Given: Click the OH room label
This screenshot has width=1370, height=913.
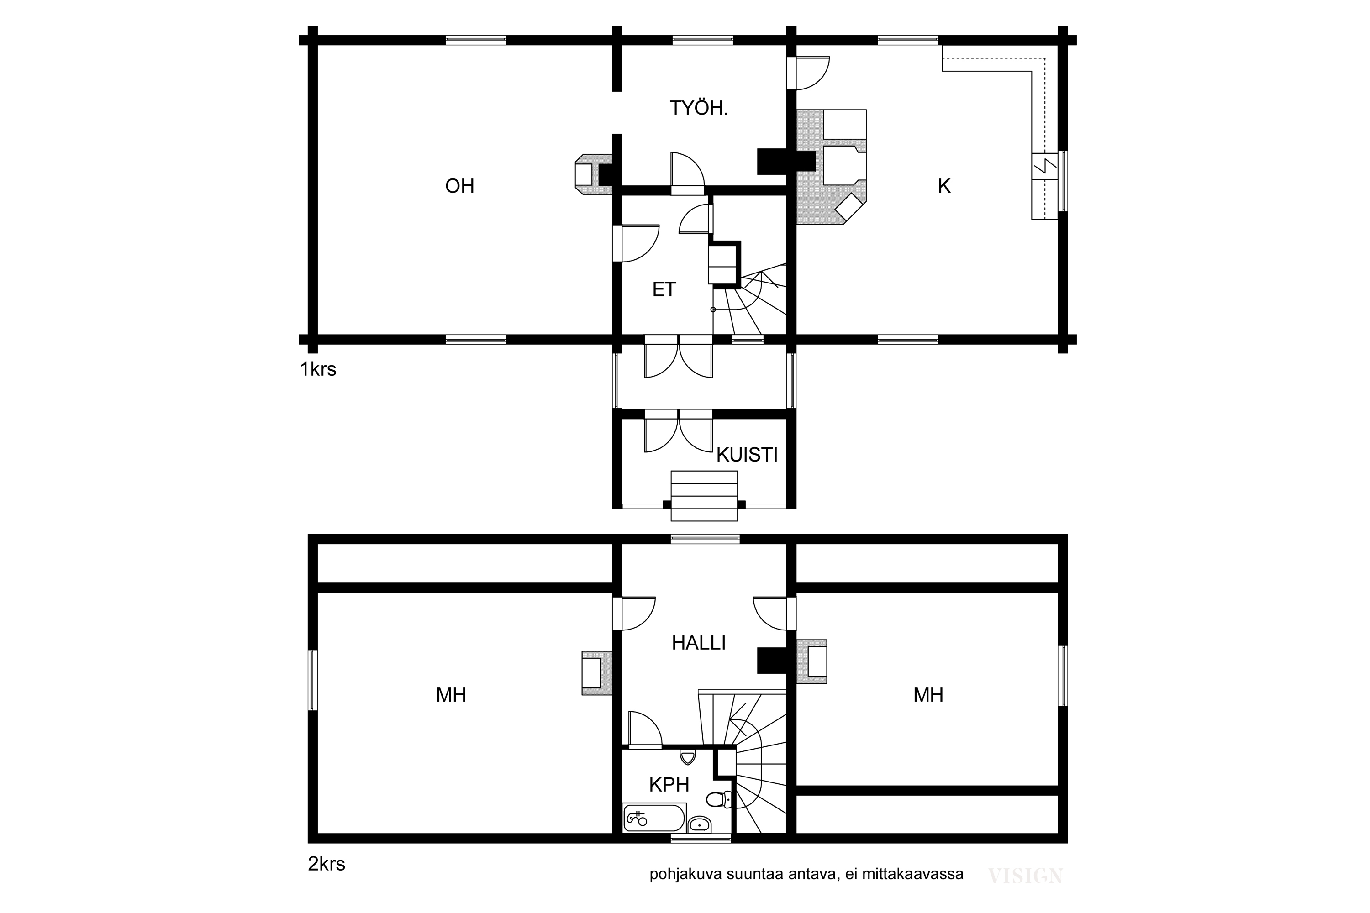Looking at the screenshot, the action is (x=459, y=186).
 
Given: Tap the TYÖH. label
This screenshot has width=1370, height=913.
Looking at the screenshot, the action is (x=698, y=108).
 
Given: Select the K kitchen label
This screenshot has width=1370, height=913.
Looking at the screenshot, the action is (x=944, y=186).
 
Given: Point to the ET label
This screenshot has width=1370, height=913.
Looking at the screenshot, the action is (x=664, y=289).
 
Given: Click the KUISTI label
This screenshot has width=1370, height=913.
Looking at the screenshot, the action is (x=747, y=455).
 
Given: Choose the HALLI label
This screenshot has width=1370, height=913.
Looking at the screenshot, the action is (x=698, y=643).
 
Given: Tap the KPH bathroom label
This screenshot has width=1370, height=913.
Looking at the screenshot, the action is (x=669, y=785).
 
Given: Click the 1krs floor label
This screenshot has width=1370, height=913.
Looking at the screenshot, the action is (x=318, y=369).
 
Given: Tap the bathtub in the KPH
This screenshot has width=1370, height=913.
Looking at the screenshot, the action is (x=654, y=818).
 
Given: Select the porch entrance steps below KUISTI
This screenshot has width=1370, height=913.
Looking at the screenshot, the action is (x=704, y=495).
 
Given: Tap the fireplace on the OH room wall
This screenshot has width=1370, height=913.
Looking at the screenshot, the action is (x=594, y=174).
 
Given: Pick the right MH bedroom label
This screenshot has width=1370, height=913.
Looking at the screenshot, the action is (x=928, y=695).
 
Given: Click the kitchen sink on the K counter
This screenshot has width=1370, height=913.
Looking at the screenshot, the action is (x=1044, y=167).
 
